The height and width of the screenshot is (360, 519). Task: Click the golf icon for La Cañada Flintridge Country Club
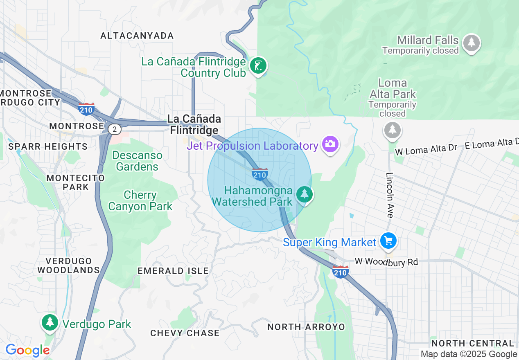click(x=258, y=65)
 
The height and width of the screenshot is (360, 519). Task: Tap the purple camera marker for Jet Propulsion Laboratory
click(x=330, y=144)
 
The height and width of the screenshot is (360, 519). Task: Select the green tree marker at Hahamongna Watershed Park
click(x=304, y=194)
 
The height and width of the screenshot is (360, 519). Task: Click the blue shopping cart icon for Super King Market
click(x=388, y=241)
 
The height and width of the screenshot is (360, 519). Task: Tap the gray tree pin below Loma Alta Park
click(x=393, y=130)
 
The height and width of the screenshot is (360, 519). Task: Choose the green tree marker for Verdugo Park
click(x=50, y=322)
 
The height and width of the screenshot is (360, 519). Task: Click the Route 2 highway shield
click(x=115, y=129)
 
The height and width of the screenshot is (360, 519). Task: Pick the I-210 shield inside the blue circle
click(x=260, y=174)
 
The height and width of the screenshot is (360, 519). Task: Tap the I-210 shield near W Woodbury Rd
click(x=341, y=272)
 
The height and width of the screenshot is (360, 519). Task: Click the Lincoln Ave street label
click(x=389, y=194)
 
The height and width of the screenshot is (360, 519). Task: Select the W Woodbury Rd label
click(x=386, y=261)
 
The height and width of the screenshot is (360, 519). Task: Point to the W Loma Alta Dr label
click(x=426, y=149)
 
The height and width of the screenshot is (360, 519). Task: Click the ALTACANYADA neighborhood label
click(x=137, y=36)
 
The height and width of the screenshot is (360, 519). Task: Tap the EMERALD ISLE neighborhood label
click(x=173, y=271)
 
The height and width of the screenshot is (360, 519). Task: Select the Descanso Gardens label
click(x=137, y=161)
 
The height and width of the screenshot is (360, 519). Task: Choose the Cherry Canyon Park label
click(x=140, y=200)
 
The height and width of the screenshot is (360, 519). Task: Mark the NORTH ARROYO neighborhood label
click(x=306, y=327)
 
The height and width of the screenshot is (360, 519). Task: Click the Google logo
click(x=27, y=350)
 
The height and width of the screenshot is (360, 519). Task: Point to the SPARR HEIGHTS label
click(x=48, y=146)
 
